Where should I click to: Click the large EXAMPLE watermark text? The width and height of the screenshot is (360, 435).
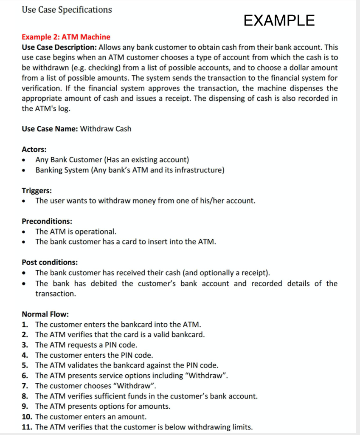(279, 20)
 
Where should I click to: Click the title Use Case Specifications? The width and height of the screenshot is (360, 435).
(67, 9)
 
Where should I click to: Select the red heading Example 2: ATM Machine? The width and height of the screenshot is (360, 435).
(66, 37)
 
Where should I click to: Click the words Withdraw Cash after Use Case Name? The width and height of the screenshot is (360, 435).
(106, 129)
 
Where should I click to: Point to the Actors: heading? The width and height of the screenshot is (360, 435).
(34, 149)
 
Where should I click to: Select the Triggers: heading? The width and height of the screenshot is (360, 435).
(37, 190)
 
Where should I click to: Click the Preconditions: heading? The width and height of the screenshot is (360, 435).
(47, 221)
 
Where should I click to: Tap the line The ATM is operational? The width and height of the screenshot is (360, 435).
(76, 232)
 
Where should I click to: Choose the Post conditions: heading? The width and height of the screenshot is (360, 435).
(50, 263)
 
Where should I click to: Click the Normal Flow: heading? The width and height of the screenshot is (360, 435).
(45, 314)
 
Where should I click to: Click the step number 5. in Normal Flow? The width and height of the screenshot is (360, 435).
(25, 365)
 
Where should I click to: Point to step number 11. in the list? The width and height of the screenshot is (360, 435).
(27, 427)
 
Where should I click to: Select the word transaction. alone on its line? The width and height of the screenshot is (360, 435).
(56, 294)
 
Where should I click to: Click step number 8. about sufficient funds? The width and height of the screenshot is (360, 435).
(25, 396)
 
